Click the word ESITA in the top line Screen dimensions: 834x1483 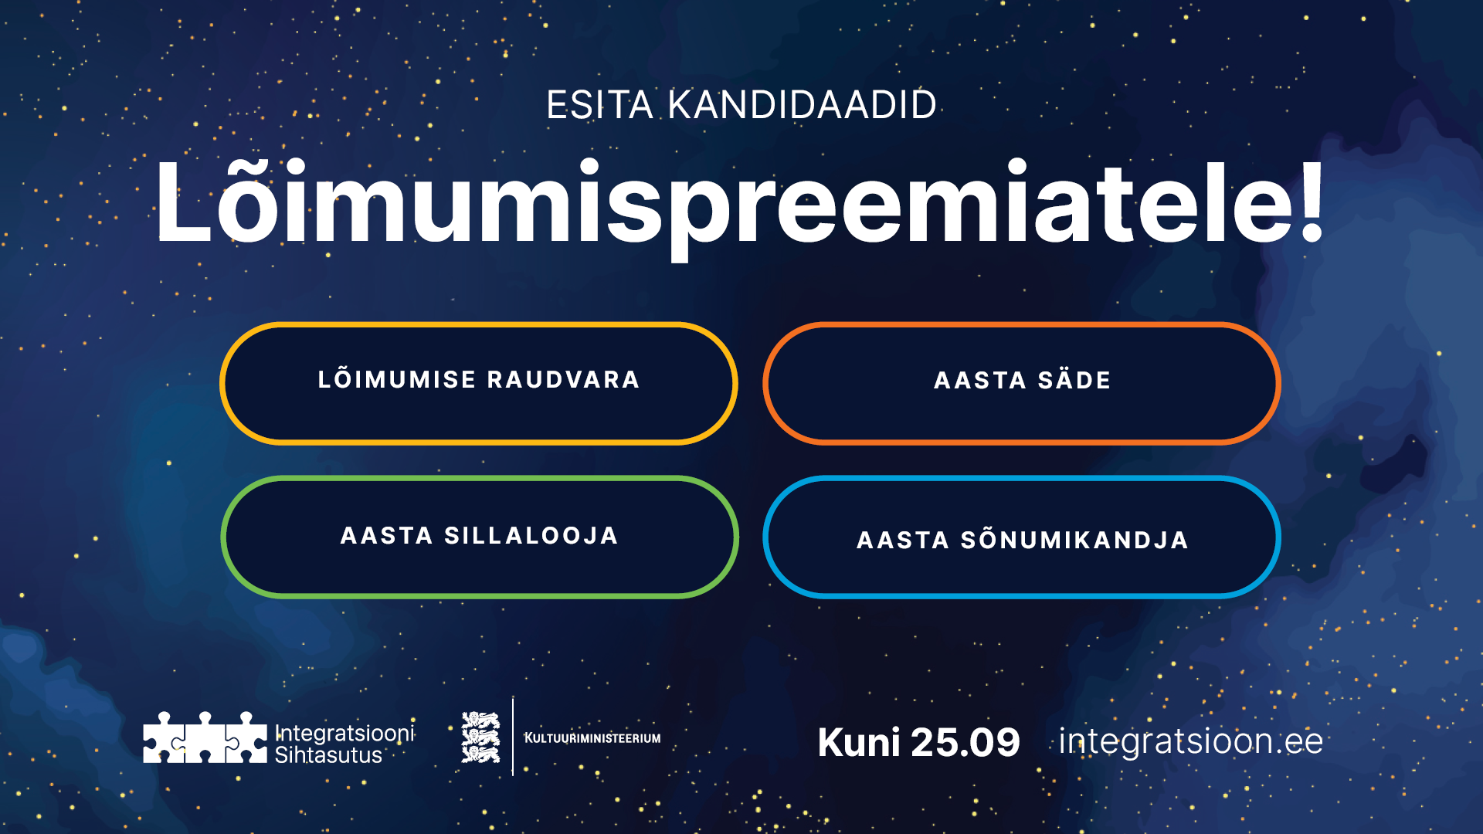point(599,105)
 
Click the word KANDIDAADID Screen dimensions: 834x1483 point(802,105)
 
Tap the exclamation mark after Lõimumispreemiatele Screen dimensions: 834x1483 point(1311,202)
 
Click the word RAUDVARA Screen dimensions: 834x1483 point(563,380)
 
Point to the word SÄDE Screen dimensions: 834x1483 point(1074,380)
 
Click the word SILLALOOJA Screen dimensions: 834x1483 point(531,536)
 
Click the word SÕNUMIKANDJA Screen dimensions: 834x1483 point(1074,540)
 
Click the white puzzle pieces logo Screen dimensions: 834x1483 point(205,738)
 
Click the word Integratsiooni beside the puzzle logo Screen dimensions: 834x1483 point(344,732)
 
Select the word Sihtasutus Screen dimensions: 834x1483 point(328,755)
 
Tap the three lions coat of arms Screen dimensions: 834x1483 point(480,737)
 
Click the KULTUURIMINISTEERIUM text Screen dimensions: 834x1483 point(592,738)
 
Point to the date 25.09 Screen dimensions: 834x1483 point(965,743)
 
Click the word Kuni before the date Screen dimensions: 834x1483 point(858,743)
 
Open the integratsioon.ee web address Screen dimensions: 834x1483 point(1190,741)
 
